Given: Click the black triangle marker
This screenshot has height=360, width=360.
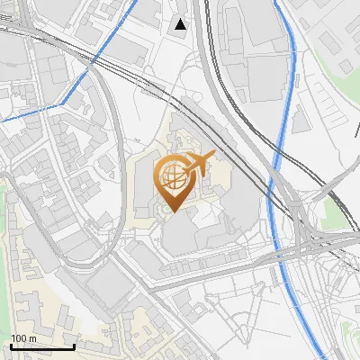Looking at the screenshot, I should click(181, 24).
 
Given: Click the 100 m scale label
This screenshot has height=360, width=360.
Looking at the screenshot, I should click(23, 338).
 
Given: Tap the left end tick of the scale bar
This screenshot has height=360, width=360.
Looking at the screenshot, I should click(11, 345).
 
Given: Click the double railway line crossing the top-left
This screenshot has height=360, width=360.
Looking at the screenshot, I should click(54, 40).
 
